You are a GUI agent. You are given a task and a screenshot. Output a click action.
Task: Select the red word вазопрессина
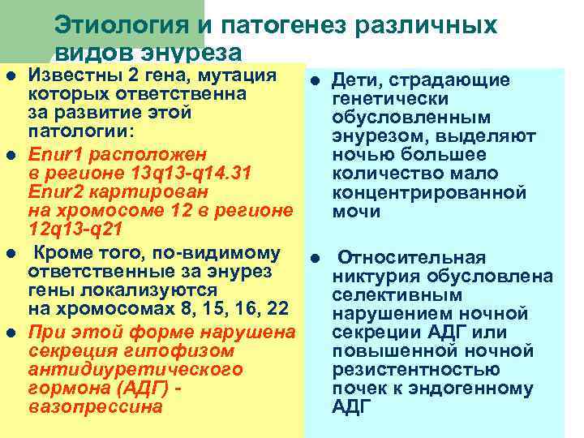tap(95, 406)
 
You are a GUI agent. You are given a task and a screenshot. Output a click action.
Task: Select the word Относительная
tap(411, 258)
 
